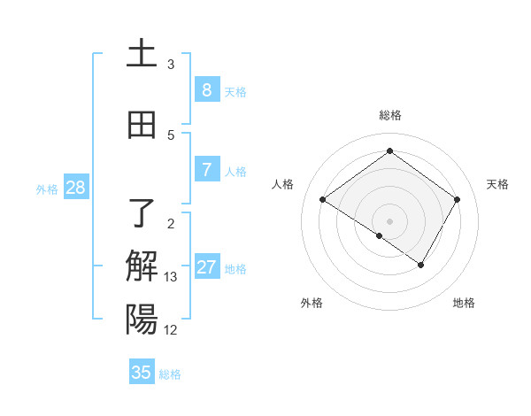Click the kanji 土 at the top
tap(142, 53)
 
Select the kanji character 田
tap(142, 125)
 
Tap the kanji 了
tap(142, 212)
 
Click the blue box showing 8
tap(206, 89)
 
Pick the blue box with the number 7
tap(206, 170)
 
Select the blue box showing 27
tap(207, 267)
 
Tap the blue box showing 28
tap(75, 187)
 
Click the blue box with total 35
tap(142, 373)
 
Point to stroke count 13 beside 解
tap(171, 277)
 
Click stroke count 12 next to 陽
tap(171, 330)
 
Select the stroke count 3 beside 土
tap(171, 65)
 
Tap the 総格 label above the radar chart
tap(389, 115)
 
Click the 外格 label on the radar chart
tap(312, 303)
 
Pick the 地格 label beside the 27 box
tap(235, 269)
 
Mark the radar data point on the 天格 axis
tap(457, 199)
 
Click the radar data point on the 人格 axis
tap(322, 200)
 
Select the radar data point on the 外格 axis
tap(380, 235)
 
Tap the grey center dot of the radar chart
tap(389, 220)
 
